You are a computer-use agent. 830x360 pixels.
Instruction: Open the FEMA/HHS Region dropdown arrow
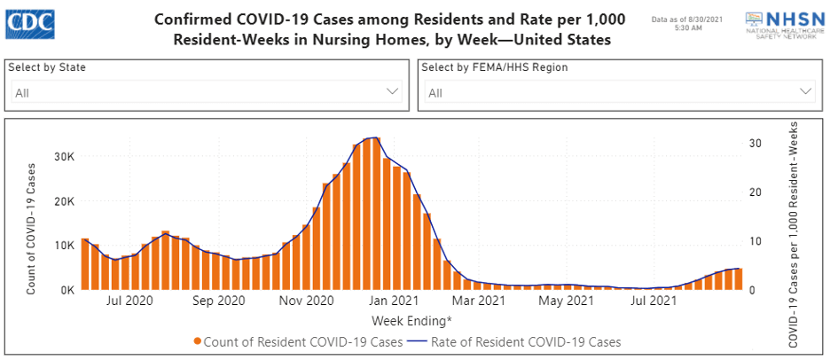point(806,91)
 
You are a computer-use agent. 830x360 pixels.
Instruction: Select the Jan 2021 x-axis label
point(393,301)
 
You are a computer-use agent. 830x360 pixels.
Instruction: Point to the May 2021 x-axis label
point(567,301)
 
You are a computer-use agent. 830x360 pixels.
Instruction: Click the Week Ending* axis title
point(411,319)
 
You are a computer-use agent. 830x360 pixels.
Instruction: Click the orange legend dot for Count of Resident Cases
point(197,341)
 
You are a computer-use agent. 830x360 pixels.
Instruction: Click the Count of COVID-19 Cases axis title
point(31,229)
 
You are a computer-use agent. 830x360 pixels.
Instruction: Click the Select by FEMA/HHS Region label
point(494,67)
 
